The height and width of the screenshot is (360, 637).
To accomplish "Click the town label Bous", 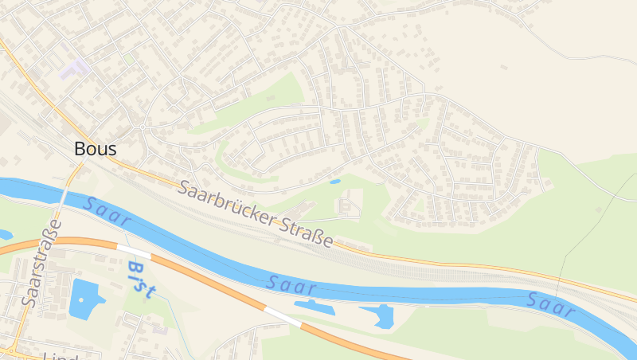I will tap(95, 149).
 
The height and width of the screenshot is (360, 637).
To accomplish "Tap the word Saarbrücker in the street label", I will tap(227, 206).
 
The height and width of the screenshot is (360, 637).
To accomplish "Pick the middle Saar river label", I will tap(292, 285).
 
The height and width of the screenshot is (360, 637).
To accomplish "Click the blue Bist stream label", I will tap(139, 276).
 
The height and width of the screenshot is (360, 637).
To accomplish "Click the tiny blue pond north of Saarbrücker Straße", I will tap(335, 182).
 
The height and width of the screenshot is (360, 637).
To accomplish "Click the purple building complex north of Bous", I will tap(74, 68).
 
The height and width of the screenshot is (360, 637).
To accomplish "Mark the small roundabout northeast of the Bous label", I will tap(143, 127).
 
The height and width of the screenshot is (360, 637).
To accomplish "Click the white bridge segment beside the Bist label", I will tap(132, 251).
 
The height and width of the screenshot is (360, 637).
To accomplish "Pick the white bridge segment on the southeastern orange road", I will tap(283, 317).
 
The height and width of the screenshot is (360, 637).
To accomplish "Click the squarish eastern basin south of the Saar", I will tap(381, 315).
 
